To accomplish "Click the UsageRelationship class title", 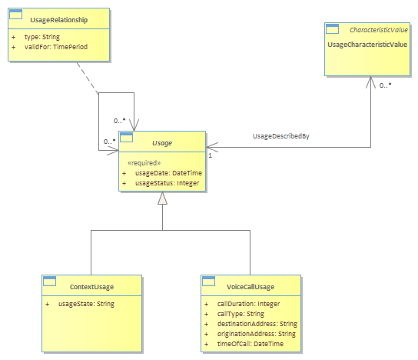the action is point(59,20).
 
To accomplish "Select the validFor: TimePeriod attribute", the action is point(56,47).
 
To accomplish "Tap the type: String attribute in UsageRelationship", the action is point(42,37).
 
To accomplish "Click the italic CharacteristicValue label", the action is point(379,30).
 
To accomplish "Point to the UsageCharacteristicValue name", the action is point(367,45).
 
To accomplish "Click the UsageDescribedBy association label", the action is point(281,136).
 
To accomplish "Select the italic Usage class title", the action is point(162,143).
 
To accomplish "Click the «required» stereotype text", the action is point(144,163).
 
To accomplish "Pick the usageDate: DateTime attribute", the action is point(168,173).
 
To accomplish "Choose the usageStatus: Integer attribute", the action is point(168,183).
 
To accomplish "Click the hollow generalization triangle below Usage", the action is point(162,198).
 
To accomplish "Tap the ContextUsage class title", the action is point(91,287).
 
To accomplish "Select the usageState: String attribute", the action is point(86,304).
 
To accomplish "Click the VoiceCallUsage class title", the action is point(250,287).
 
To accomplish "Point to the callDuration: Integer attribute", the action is point(248,304).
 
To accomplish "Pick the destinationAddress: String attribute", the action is point(257,324).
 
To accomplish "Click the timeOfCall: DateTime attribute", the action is point(250,344).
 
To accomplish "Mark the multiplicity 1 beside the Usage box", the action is point(210,155).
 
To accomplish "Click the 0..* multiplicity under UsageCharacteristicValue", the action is point(386,85).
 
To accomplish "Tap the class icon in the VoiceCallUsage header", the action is point(208,282).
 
